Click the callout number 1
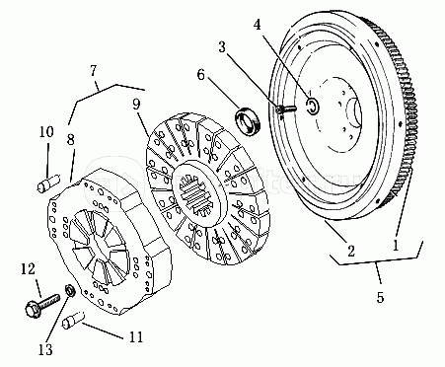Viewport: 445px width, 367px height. [396, 245]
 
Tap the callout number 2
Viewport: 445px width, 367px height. [351, 252]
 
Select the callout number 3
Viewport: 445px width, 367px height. [222, 47]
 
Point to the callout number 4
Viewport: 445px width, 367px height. [258, 24]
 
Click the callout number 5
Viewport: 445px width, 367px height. [380, 297]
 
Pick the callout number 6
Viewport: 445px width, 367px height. [200, 75]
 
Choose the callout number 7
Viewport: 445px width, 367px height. [94, 70]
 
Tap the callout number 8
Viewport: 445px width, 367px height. [70, 139]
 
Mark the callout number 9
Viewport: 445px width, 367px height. [136, 104]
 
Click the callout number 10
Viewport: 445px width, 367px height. [46, 132]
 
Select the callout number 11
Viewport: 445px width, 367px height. [136, 337]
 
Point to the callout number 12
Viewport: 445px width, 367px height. [28, 269]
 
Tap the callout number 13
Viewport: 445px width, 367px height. [45, 349]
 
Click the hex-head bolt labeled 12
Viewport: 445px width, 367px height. [41, 306]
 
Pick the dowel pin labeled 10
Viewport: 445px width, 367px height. [48, 183]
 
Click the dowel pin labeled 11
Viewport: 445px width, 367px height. [73, 320]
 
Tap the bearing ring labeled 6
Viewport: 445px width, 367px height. [248, 120]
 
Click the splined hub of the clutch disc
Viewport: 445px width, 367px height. [198, 193]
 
